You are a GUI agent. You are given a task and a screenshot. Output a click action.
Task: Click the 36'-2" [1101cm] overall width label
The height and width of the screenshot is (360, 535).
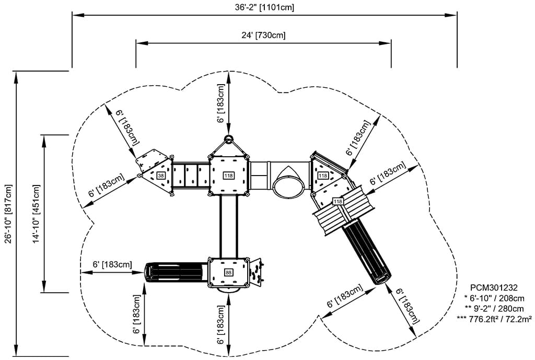coord(265,7)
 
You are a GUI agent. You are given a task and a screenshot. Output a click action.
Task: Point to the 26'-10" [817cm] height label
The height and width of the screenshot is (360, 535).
coord(8,213)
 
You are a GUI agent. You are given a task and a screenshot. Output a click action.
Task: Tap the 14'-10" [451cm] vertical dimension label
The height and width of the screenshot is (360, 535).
coord(36,213)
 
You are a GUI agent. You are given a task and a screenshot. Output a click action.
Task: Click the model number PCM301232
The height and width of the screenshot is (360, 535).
coord(494,288)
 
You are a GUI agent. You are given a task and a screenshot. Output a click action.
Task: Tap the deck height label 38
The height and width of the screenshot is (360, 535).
coord(161,176)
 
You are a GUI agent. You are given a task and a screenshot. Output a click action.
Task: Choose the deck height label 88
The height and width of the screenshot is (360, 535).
coord(228,272)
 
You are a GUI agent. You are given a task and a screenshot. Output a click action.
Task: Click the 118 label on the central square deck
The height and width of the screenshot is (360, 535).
coord(228,176)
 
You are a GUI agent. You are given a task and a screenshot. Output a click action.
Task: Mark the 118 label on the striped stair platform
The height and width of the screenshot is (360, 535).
coord(338,201)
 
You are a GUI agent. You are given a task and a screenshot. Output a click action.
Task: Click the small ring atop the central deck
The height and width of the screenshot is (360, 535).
coord(228,139)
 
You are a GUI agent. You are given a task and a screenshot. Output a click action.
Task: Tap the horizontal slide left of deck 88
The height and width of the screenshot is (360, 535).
coord(176,272)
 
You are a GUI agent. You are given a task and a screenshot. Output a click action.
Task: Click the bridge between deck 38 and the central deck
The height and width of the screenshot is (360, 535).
coord(191,176)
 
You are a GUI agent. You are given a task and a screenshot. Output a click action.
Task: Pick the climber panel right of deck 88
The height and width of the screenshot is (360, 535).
coord(257,272)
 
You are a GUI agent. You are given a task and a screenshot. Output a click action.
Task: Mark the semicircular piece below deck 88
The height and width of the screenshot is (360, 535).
coord(228,289)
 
